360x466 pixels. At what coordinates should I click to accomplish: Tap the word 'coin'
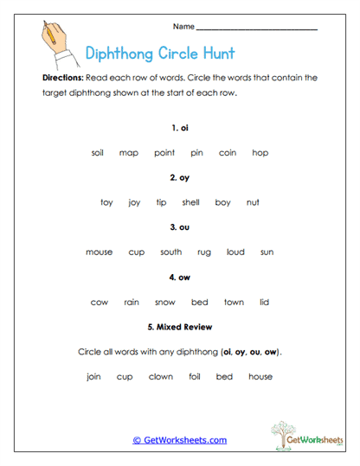[x=228, y=153]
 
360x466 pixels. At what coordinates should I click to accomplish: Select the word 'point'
[x=164, y=153]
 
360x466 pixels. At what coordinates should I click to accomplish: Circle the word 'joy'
[x=134, y=202]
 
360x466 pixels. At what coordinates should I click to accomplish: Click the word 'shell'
[x=190, y=202]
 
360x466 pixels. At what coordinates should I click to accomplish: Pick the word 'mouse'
[x=99, y=252]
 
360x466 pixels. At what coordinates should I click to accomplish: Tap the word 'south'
[x=170, y=252]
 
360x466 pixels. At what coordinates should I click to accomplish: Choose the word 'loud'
[x=235, y=252]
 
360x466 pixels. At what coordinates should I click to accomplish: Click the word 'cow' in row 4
[x=99, y=303]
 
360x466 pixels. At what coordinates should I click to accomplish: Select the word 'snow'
[x=165, y=303]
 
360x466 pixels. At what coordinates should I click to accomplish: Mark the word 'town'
[x=234, y=303]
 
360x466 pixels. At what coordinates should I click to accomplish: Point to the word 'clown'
[x=161, y=377]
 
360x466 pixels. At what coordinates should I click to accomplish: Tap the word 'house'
[x=260, y=377]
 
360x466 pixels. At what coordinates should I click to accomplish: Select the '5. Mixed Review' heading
[x=180, y=328]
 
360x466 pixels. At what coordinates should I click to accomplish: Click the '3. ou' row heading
[x=180, y=227]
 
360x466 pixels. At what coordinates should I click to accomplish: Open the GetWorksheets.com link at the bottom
[x=180, y=440]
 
